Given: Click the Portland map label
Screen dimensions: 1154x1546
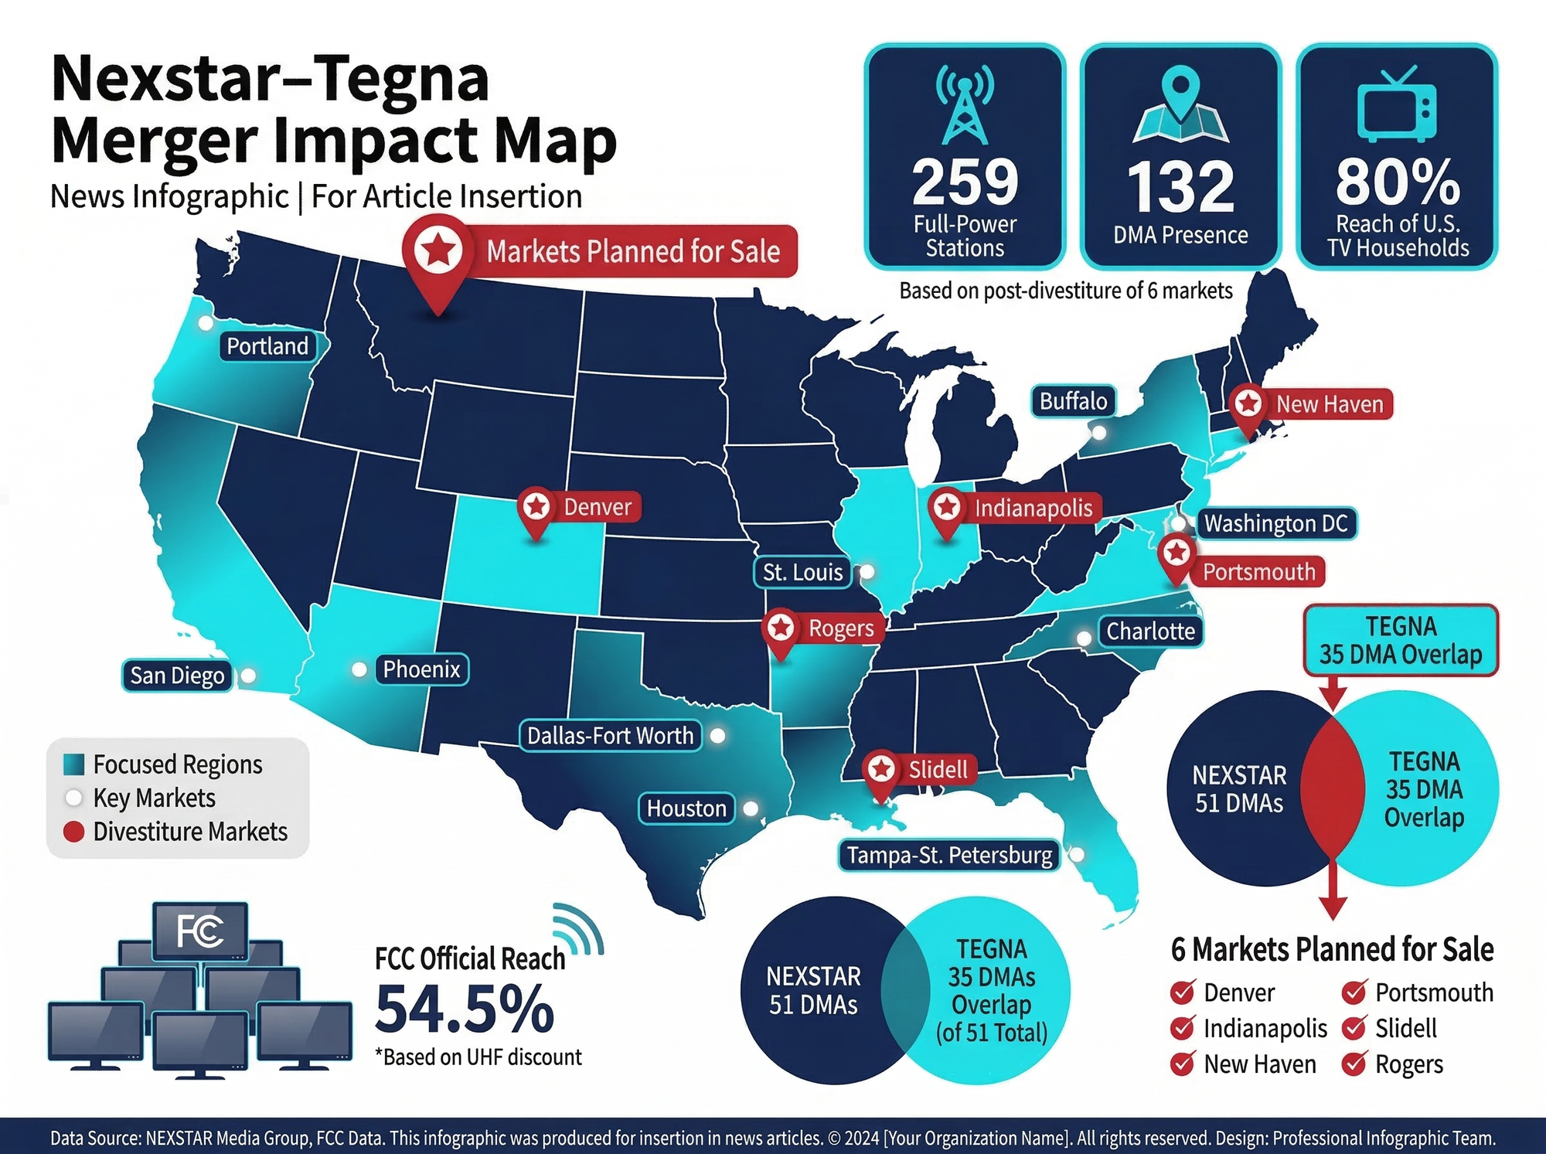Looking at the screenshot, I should click(x=267, y=346).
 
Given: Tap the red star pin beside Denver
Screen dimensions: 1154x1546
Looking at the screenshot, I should click(x=536, y=508).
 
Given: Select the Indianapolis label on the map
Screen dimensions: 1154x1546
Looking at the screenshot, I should click(x=1033, y=508).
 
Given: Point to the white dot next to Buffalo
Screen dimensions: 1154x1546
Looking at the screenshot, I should click(x=1098, y=432).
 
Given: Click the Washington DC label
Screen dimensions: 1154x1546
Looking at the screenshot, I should click(x=1275, y=523).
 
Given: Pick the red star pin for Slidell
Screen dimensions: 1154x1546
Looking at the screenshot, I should click(x=881, y=770).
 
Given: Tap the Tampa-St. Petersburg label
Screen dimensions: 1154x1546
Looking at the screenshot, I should click(x=949, y=855).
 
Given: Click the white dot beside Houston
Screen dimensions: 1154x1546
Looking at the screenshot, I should click(x=750, y=808).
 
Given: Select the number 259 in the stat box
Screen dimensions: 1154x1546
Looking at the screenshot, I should click(x=965, y=182).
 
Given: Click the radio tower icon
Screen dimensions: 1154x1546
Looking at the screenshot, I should click(x=965, y=104).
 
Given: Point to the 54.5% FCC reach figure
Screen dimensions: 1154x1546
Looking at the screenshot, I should click(x=465, y=1009).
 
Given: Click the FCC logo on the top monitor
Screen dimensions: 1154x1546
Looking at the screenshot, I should click(x=200, y=931).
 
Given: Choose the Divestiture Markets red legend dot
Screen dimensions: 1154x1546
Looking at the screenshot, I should click(x=73, y=832).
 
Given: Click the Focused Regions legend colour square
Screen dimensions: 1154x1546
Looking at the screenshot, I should click(x=74, y=764).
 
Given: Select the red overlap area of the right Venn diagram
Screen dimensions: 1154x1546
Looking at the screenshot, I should click(x=1332, y=788).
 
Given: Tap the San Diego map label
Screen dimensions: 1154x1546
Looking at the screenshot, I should click(x=177, y=676).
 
